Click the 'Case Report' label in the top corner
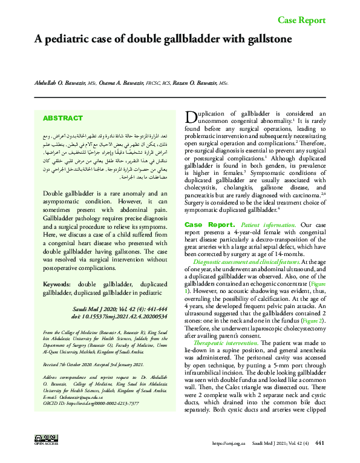coord(301,21)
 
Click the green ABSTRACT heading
coord(63,119)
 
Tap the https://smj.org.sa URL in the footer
coord(229,443)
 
